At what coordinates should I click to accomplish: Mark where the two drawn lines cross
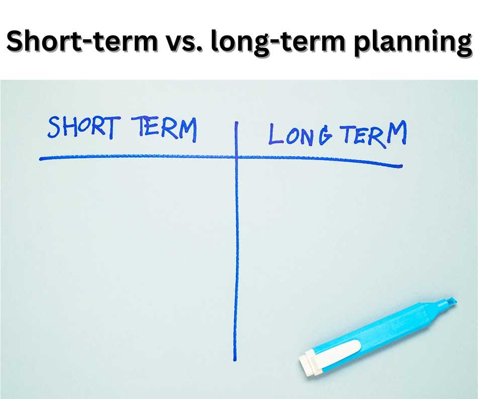tap(235, 157)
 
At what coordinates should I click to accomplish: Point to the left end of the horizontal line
tap(41, 159)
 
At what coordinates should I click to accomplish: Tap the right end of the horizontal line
tap(401, 165)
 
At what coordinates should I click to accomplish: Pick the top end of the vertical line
tap(235, 122)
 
